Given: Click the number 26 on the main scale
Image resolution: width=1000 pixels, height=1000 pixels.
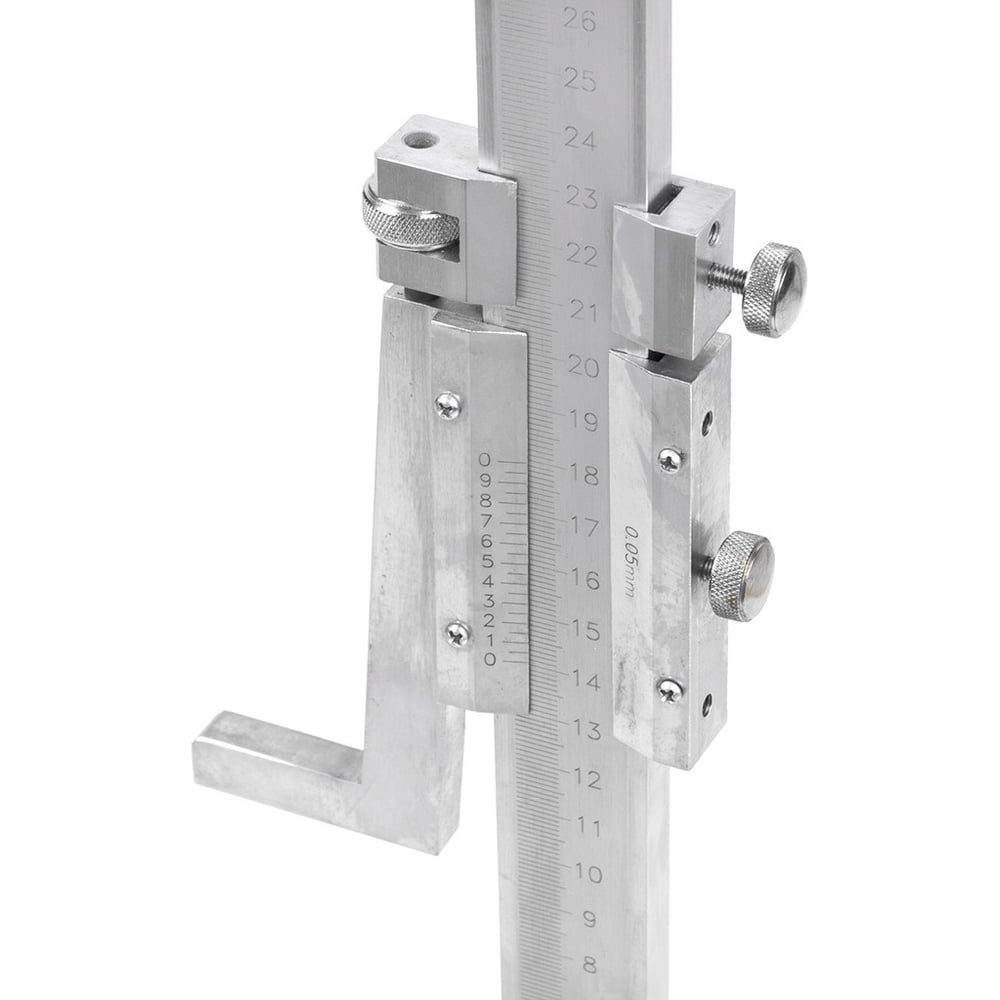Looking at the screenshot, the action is click(580, 21).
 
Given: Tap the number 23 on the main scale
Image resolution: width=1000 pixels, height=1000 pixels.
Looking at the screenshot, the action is click(582, 198).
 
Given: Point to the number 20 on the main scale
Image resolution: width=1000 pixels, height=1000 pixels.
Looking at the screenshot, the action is click(584, 367).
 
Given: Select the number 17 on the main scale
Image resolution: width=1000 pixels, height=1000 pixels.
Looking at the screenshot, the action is click(584, 527).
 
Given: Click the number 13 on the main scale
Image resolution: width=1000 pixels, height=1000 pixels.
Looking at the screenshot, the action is click(586, 730).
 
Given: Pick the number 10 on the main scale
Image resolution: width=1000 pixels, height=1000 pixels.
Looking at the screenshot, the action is click(588, 873).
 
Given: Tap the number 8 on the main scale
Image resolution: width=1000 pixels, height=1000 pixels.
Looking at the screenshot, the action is click(589, 965).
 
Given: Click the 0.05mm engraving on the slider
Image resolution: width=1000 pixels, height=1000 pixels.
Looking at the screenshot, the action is click(629, 561).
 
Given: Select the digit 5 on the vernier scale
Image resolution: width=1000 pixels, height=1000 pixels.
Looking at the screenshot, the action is click(488, 562).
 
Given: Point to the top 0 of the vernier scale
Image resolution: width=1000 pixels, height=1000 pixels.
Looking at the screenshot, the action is click(485, 460).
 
